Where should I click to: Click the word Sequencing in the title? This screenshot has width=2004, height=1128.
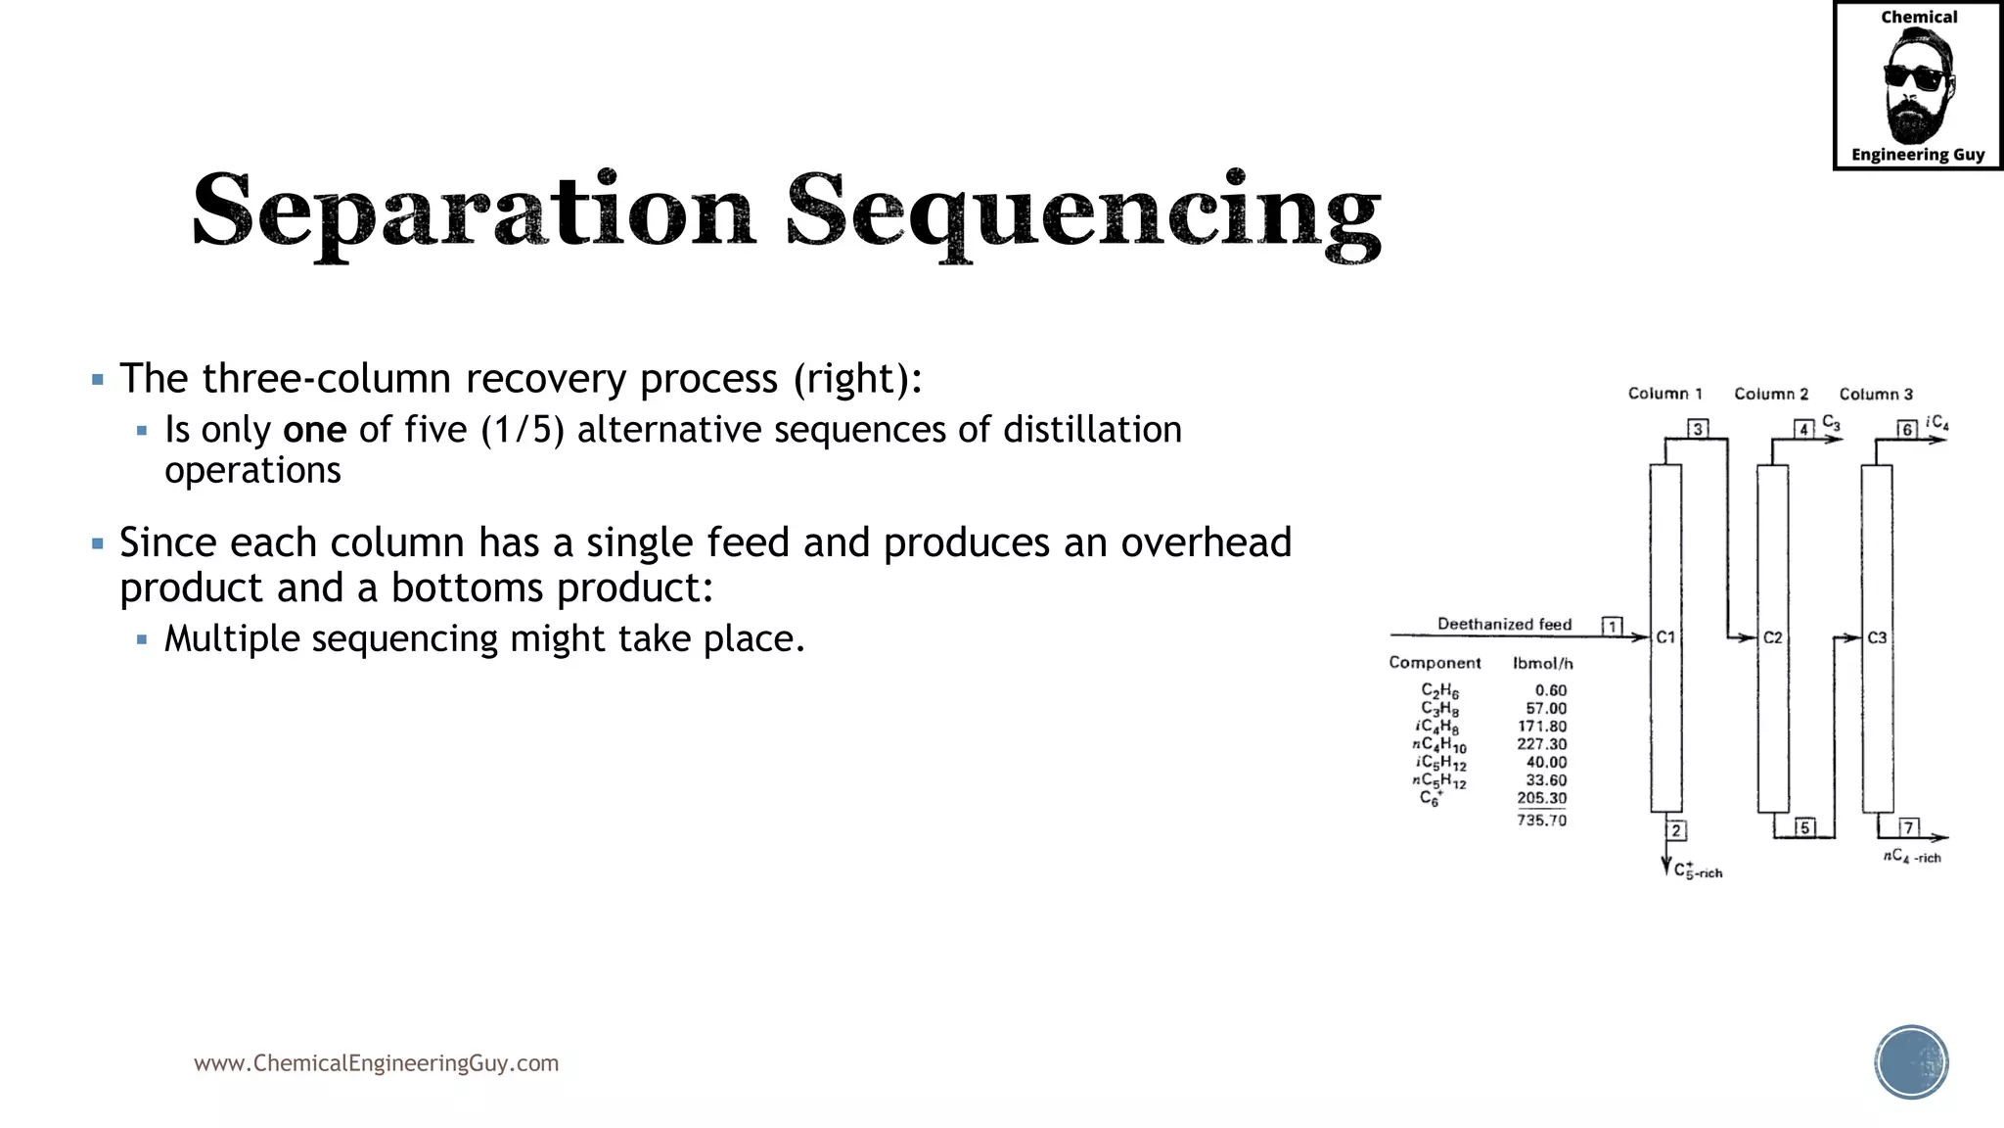[1083, 211]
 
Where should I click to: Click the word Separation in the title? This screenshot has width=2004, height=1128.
[474, 211]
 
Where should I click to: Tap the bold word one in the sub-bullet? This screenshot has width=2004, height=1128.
[314, 430]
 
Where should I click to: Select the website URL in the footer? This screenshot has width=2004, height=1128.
[376, 1063]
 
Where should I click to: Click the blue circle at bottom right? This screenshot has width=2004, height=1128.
[1911, 1062]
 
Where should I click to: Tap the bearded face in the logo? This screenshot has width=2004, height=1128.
[1917, 86]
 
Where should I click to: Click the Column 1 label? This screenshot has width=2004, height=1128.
[1664, 394]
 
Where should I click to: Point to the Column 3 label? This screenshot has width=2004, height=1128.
[1876, 394]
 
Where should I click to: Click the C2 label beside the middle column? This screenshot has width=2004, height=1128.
[1773, 637]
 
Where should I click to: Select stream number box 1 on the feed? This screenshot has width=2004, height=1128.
[1612, 626]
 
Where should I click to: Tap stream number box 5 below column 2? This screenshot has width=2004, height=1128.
[1804, 827]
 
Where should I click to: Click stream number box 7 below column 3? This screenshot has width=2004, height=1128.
[1908, 827]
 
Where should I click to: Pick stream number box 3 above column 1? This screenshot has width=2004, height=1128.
[1698, 429]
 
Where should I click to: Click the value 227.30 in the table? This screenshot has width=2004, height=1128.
[1541, 744]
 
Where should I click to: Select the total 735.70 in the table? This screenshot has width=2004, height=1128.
[1541, 821]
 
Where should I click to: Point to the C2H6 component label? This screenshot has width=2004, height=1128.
[1439, 691]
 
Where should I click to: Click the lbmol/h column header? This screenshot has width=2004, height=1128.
[1542, 663]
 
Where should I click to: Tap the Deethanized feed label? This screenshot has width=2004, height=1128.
[1504, 624]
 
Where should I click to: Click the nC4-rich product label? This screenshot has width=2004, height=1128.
[1912, 857]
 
